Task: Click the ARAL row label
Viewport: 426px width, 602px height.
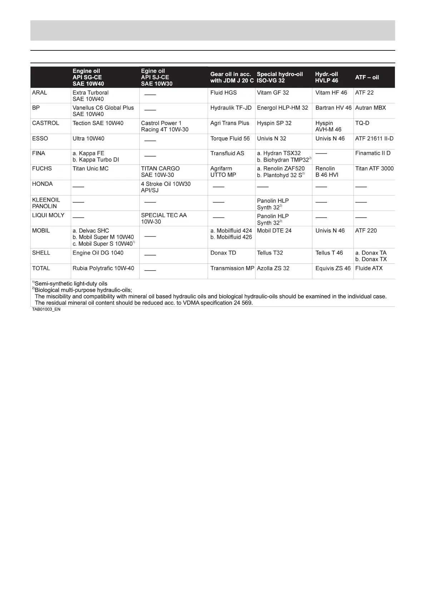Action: tap(40, 93)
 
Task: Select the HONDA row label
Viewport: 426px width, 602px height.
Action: tap(42, 184)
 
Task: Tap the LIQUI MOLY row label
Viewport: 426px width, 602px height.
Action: tap(48, 215)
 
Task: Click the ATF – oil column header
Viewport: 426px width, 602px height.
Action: tap(367, 77)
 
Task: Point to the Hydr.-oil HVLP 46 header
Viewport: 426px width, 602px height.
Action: tap(327, 77)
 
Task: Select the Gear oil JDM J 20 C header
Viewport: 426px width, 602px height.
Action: tap(232, 77)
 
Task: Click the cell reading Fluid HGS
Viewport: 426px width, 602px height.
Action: tap(223, 93)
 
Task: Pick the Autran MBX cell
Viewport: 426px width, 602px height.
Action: tap(371, 108)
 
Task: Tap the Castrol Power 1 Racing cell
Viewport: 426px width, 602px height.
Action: tap(165, 126)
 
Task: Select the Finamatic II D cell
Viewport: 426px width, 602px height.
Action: tap(373, 153)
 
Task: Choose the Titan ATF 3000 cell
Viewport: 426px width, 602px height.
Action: tap(374, 168)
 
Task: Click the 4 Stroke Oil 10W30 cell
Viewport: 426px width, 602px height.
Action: tap(165, 187)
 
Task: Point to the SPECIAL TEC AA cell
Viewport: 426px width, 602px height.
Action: tap(164, 218)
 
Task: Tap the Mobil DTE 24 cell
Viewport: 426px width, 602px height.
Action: tap(274, 231)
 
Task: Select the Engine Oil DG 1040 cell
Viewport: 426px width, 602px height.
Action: tap(98, 253)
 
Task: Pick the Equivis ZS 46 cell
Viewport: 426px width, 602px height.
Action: tap(333, 268)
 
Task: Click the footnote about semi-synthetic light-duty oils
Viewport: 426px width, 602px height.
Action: tap(70, 283)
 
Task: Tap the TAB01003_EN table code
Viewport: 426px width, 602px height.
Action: tap(46, 309)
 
